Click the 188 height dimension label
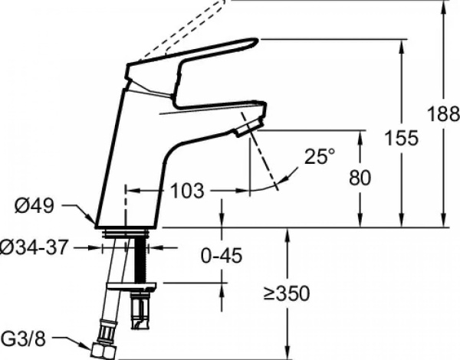(x=444, y=114)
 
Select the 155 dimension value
(x=402, y=138)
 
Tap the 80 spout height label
(x=360, y=178)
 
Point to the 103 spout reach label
(x=187, y=191)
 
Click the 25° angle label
(x=320, y=156)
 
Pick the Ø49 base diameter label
(x=34, y=205)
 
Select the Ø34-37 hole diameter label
(x=34, y=248)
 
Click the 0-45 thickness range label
(x=222, y=255)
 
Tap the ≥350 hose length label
(x=286, y=293)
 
